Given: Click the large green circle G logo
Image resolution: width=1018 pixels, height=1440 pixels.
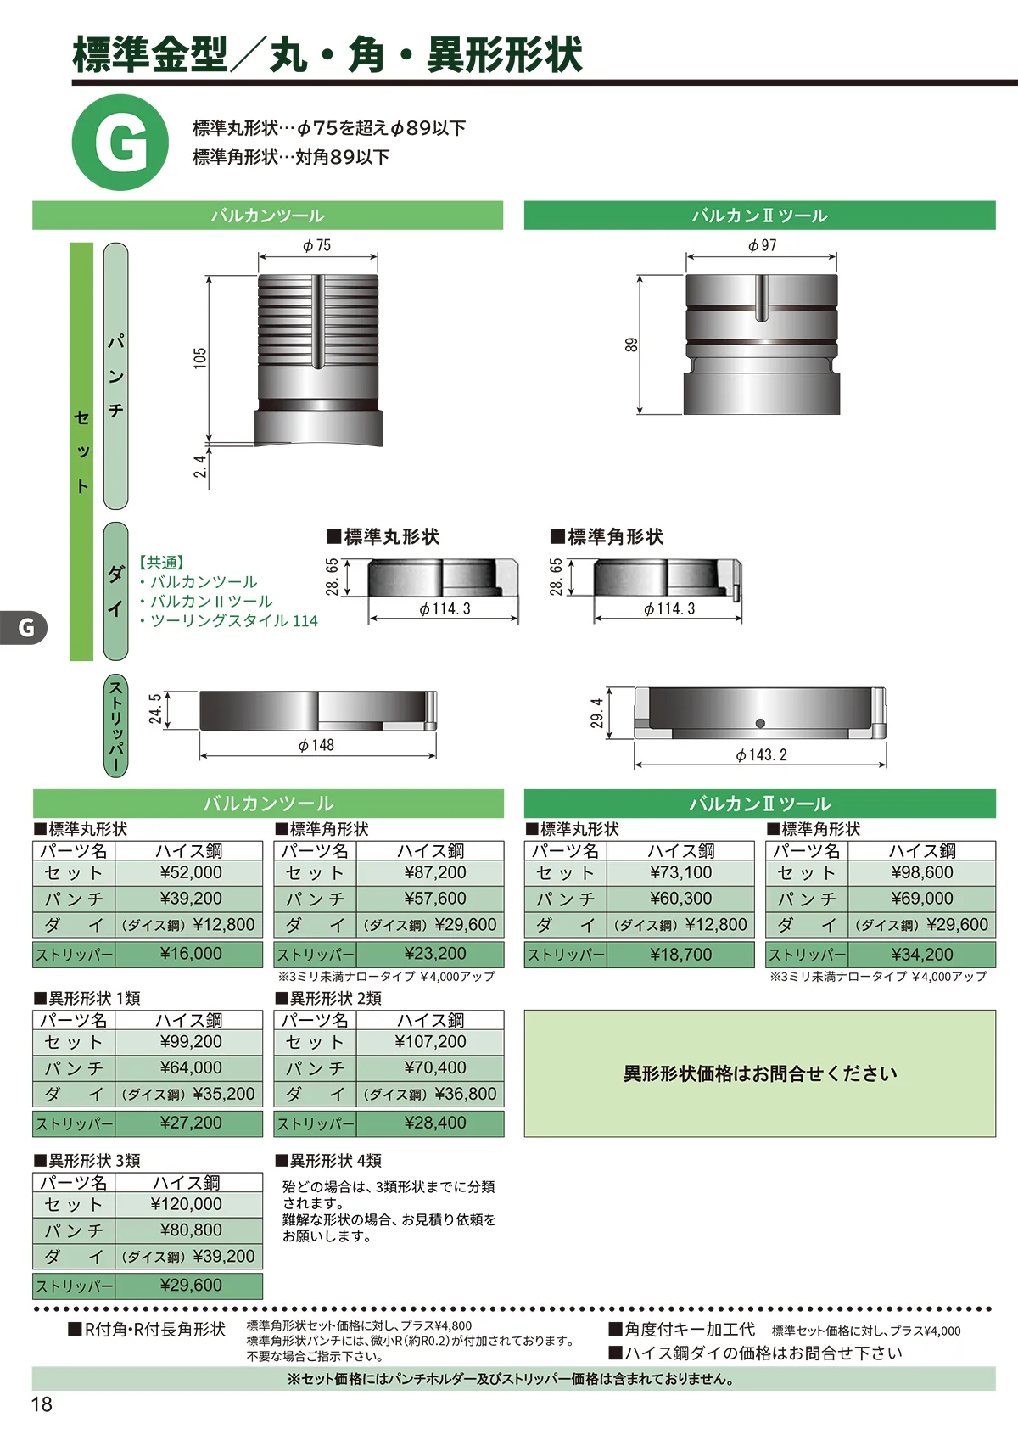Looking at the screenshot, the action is click(x=120, y=142).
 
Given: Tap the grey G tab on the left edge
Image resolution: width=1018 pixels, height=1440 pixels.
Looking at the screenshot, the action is click(x=23, y=627).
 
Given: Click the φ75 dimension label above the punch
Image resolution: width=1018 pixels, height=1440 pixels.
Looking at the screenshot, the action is click(x=316, y=245).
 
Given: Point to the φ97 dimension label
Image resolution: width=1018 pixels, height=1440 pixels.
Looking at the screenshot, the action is click(x=762, y=245).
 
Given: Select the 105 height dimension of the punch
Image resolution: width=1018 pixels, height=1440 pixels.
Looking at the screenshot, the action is click(x=200, y=357).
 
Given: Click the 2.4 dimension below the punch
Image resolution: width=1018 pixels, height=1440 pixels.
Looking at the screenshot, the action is click(x=200, y=466).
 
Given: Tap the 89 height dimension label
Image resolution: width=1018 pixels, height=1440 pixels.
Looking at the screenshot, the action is click(x=632, y=345).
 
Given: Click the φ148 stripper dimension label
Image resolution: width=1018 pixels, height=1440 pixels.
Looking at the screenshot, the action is click(x=316, y=745).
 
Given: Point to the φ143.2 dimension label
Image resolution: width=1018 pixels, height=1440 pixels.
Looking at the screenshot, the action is click(x=762, y=754).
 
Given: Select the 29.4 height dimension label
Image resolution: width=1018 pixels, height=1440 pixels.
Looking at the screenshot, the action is click(x=597, y=713).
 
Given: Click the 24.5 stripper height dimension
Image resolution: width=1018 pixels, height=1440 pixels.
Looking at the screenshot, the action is click(x=155, y=709).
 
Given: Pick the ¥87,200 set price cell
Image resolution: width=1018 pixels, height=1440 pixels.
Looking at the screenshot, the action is click(x=431, y=872).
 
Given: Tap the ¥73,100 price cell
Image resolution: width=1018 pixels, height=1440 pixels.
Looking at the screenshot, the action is click(x=680, y=872).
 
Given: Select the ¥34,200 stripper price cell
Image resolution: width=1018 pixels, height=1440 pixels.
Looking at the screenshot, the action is click(x=921, y=955).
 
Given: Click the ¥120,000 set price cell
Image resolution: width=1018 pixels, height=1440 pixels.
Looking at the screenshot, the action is click(x=189, y=1204).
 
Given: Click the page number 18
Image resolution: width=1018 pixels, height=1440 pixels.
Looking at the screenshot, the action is click(x=42, y=1404).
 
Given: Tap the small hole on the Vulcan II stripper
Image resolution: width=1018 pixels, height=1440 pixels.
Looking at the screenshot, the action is click(x=760, y=723).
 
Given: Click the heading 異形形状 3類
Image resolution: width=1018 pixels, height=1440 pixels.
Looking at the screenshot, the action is click(x=87, y=1161).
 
